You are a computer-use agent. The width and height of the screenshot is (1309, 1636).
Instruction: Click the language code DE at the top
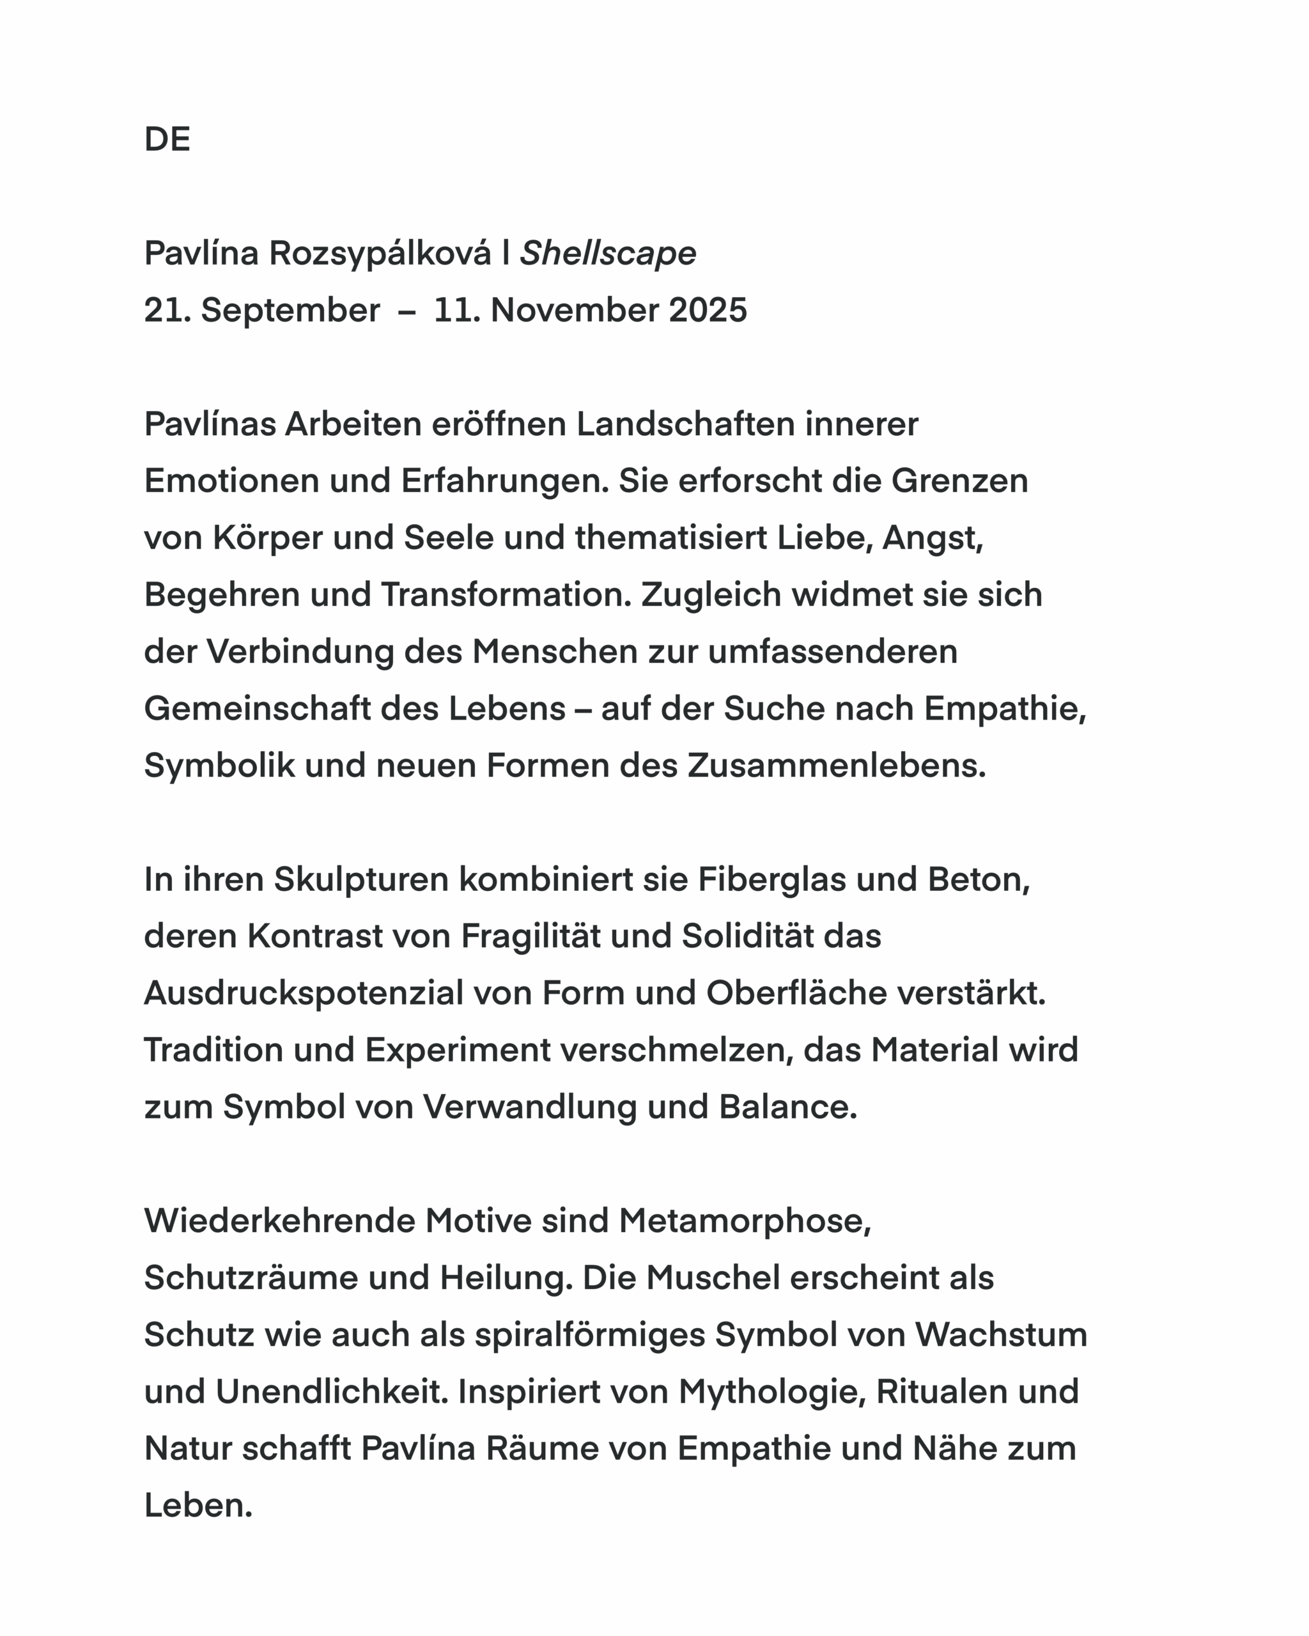[x=167, y=139]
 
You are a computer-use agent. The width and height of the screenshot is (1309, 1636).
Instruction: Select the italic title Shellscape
[x=608, y=254]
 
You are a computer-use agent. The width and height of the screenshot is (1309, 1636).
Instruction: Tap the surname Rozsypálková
[x=380, y=254]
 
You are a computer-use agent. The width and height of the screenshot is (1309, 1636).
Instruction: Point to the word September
[x=290, y=311]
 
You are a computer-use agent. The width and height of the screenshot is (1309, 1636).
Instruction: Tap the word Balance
[x=787, y=1107]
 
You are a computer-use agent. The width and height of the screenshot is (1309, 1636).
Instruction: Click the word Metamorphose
[x=745, y=1221]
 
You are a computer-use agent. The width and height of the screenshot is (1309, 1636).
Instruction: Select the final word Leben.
[x=198, y=1506]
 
